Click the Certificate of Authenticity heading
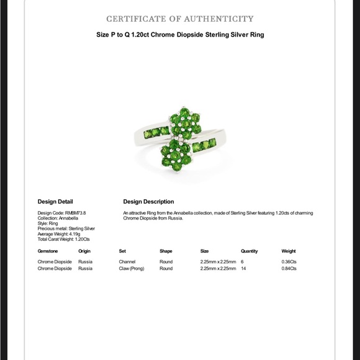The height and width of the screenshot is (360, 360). click(180, 19)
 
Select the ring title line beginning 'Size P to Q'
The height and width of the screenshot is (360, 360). click(180, 35)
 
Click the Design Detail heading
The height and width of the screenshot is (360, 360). click(55, 202)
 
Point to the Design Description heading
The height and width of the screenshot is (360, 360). click(148, 202)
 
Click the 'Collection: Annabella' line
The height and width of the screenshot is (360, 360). click(58, 218)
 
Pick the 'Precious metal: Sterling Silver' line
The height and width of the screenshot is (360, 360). click(66, 228)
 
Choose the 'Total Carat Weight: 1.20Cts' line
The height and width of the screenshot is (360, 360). click(63, 239)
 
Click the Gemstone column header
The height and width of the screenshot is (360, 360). click(48, 251)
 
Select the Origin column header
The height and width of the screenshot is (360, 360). click(84, 251)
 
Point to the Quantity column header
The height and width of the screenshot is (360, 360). click(249, 251)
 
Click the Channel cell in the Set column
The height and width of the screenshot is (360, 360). click(127, 262)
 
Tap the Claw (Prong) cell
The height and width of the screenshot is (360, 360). click(132, 269)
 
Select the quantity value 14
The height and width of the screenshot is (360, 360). click(243, 269)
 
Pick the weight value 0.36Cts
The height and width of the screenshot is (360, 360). click(289, 262)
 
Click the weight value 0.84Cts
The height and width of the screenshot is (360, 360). click(289, 269)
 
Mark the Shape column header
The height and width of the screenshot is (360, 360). click(166, 251)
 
